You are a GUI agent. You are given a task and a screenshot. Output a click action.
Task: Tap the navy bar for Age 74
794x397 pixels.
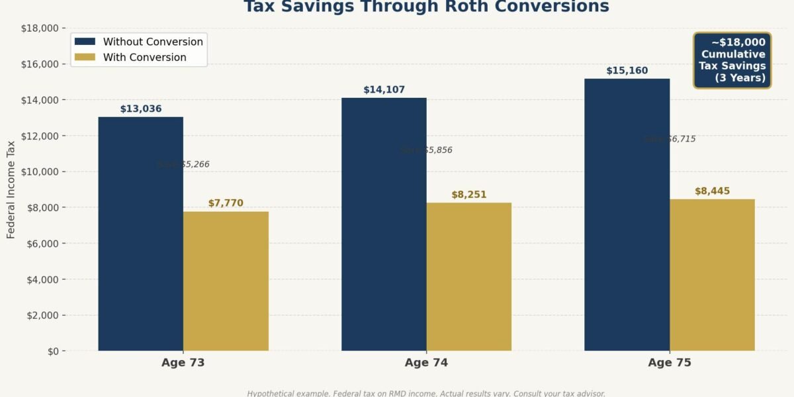pos(384,224)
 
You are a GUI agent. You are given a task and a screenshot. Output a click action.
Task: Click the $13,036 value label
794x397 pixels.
pos(141,109)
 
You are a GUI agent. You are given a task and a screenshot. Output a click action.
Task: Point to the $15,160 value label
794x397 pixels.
pos(627,71)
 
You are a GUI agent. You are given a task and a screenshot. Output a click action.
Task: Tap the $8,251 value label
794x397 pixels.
pos(468,195)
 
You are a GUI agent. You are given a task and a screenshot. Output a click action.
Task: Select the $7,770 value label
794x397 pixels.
pos(226,203)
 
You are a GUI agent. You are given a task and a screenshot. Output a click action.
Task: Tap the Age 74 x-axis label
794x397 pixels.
pos(426,363)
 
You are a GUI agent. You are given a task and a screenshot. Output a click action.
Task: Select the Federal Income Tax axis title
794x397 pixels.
pos(11,189)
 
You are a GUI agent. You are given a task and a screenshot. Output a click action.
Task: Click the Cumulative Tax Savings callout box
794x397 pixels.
pos(732,60)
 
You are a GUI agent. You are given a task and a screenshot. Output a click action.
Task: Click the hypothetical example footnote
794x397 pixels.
pos(426,393)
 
